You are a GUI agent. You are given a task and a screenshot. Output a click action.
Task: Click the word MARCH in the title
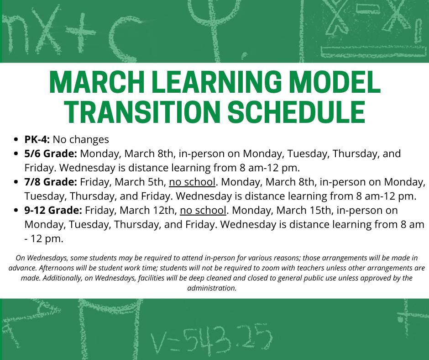(97, 82)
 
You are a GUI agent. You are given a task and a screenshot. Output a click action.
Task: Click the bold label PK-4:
(37, 139)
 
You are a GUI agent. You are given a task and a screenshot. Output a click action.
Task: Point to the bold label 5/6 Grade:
(51, 154)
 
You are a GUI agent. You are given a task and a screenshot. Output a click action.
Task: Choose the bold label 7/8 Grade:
(51, 182)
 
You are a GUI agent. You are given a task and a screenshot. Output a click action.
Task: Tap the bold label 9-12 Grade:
(53, 211)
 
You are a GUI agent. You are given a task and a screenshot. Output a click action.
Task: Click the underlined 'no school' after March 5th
(192, 182)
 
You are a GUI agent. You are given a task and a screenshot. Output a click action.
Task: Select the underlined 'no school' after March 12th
(203, 211)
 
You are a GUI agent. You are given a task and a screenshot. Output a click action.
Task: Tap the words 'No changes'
(81, 139)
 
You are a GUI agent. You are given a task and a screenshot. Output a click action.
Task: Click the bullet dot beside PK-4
(16, 139)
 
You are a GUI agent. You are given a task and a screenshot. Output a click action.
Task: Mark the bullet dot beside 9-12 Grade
(16, 211)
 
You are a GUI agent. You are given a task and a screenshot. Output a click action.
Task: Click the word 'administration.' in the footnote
(212, 288)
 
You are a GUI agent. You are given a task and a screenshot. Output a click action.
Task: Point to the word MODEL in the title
(335, 82)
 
